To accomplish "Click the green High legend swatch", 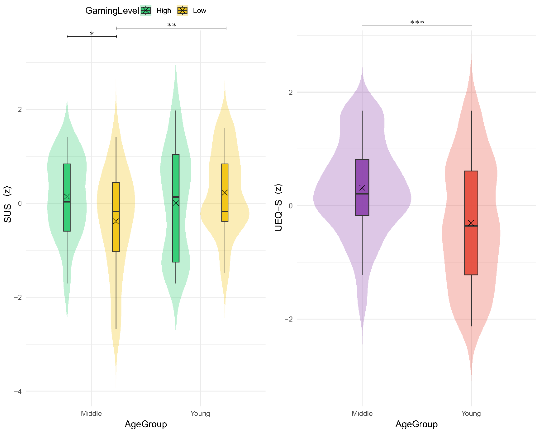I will pos(146,10).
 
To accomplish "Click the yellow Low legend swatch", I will pos(182,10).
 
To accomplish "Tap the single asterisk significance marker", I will pos(92,34).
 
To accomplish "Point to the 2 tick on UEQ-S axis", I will pos(291,92).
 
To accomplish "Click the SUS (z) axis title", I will pos(7,204).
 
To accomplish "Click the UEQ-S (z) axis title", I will pos(278,207).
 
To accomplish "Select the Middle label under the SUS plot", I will pos(91,413).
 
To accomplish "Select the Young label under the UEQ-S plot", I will pos(471,413).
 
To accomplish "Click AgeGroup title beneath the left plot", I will pos(146,424).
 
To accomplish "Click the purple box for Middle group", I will pos(362,175).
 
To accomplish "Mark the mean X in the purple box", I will pos(362,188).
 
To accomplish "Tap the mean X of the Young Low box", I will pos(225,193).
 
